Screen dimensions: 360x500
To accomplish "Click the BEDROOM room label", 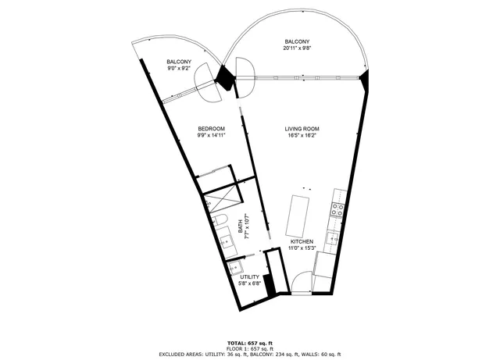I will [x=211, y=129].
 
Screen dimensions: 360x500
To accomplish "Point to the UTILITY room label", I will [x=249, y=277].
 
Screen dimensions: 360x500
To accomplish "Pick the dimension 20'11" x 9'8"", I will [x=296, y=48].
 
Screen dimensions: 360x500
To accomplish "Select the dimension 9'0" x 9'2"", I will [x=180, y=69].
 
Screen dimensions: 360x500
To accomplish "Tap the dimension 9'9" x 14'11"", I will [x=211, y=136].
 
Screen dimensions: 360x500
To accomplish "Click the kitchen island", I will [x=298, y=216].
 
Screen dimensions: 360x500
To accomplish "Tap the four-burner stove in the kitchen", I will [x=337, y=209].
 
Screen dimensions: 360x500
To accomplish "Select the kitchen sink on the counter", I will [x=331, y=238].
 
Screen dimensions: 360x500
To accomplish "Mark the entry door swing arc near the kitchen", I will [x=299, y=282].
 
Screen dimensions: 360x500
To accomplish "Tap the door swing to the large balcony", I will [x=243, y=72].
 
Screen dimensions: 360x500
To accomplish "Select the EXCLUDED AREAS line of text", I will [x=249, y=355].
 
